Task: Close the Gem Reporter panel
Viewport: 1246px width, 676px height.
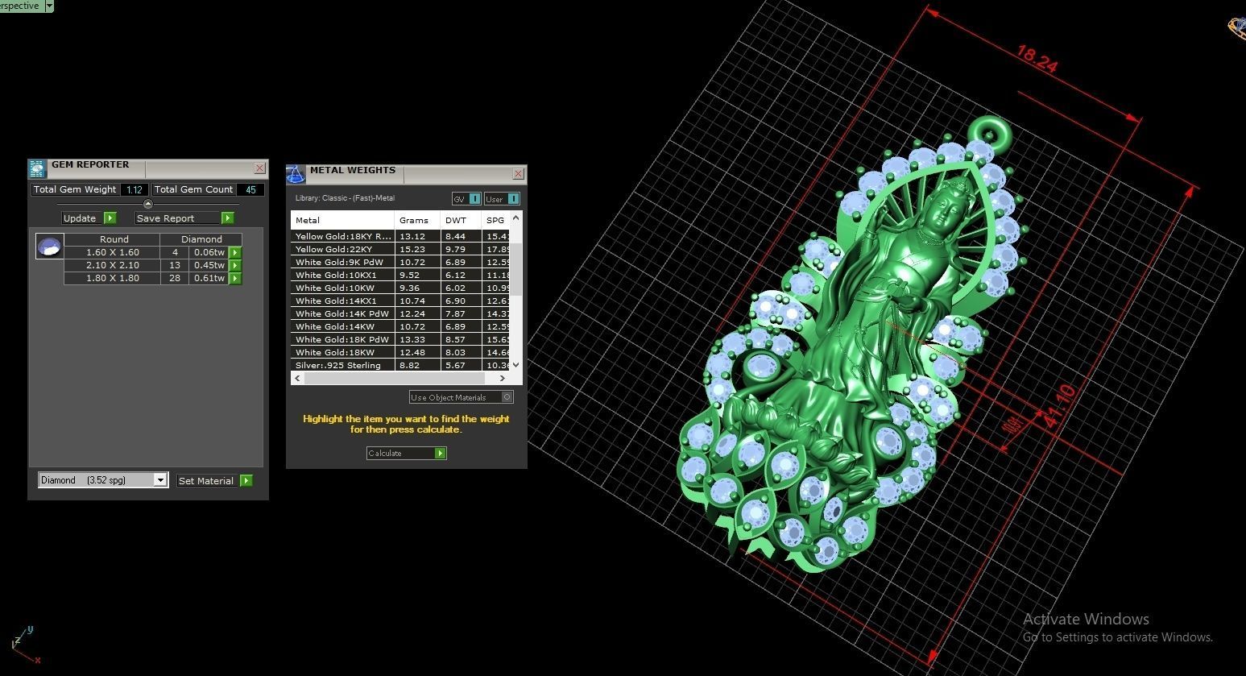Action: pos(259,168)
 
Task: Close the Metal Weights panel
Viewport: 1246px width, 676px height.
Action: pos(518,174)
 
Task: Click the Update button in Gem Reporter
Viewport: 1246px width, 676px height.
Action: pos(89,218)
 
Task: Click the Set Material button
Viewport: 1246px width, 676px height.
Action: pos(214,481)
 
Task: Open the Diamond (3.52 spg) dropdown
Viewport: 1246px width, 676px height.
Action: pos(160,480)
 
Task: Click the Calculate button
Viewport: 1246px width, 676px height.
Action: pos(406,454)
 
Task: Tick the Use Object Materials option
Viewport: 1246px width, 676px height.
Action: pos(507,397)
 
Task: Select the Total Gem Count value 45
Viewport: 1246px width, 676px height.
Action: pos(250,190)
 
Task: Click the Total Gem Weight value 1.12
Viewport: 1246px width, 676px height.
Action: pos(134,190)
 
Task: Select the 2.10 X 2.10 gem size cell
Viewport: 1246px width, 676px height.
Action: pos(113,265)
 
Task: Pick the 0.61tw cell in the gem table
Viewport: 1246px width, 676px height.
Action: pos(209,278)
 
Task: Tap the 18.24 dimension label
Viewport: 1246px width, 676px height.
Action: pos(1036,59)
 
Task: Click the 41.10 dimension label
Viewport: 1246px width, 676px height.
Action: pos(1058,406)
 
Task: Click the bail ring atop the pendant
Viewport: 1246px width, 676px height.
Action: pos(988,131)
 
